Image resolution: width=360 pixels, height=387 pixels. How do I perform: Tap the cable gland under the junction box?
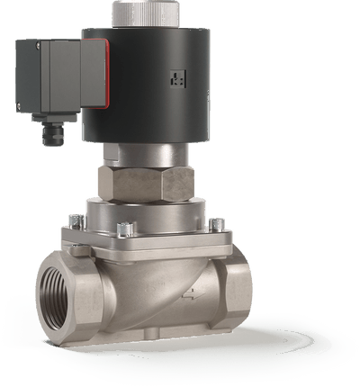(53, 132)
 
